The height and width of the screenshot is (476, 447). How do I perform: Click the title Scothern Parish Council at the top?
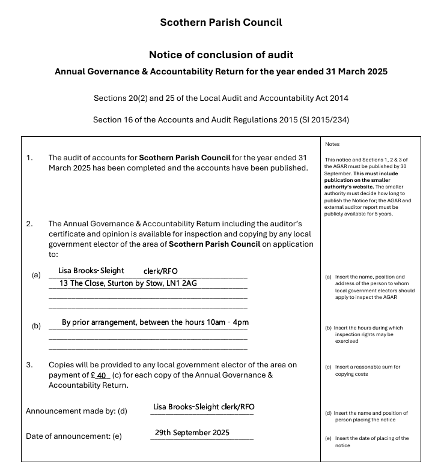[x=220, y=23]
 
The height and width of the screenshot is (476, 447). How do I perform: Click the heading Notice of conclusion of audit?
[x=220, y=55]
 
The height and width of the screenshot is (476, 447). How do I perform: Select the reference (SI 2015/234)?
[x=321, y=120]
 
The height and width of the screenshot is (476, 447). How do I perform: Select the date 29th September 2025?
[x=192, y=433]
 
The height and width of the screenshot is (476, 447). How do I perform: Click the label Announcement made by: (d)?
[x=76, y=411]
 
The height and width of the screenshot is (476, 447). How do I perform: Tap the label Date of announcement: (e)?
[x=73, y=436]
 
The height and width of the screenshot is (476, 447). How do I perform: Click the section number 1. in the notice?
[x=29, y=158]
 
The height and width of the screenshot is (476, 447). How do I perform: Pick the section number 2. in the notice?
[x=29, y=224]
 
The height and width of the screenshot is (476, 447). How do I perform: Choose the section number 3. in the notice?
[x=29, y=365]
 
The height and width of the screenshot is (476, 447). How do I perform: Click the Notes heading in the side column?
[x=332, y=145]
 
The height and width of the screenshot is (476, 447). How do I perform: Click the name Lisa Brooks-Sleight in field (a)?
[x=91, y=271]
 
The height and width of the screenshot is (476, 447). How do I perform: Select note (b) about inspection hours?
[x=368, y=334]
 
